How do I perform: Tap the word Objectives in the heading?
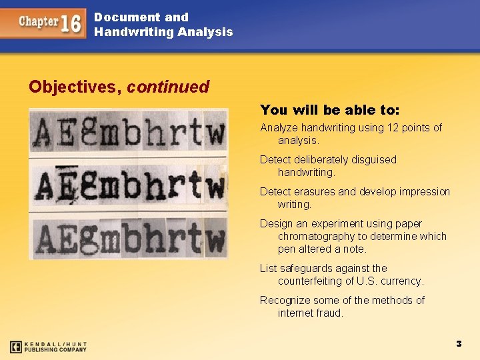(73, 87)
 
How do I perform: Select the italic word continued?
(167, 87)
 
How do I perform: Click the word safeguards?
(311, 269)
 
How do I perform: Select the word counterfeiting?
(311, 281)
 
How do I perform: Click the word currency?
(401, 281)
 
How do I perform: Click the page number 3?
(459, 344)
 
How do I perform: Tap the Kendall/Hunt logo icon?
(16, 347)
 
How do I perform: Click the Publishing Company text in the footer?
(56, 349)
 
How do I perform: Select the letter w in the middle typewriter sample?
(214, 187)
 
